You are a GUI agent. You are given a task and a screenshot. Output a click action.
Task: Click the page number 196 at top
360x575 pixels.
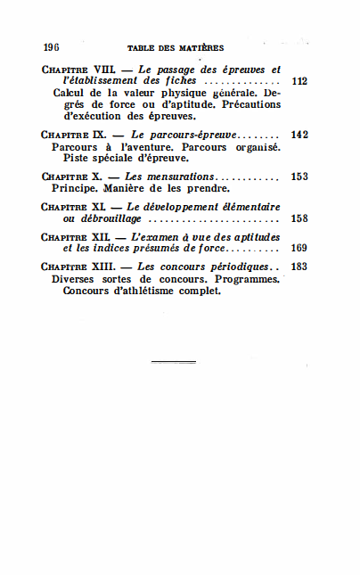pos(50,47)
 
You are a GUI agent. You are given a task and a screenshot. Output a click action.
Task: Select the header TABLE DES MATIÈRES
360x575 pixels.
pos(176,48)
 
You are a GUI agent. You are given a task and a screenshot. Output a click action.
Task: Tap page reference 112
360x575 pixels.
pos(299,81)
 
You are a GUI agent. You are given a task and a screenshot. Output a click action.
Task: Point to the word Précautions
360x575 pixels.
pos(250,104)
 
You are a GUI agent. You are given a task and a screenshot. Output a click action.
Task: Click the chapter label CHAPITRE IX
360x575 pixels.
pos(74,135)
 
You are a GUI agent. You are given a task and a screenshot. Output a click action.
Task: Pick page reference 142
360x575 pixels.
pos(299,135)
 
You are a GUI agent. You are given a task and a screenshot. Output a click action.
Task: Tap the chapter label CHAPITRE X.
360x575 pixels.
pos(73,177)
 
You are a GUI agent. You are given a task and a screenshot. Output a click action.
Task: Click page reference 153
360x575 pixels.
pos(299,177)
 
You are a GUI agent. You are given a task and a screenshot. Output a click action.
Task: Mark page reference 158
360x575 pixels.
pos(299,218)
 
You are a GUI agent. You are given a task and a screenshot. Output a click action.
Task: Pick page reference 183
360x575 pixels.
pos(299,267)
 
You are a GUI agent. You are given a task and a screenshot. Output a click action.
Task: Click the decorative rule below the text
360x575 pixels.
pos(173,361)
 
